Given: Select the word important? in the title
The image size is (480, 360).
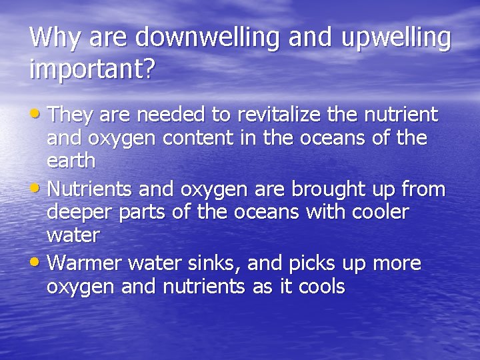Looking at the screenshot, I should (x=91, y=69).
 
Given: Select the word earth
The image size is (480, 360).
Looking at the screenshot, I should (x=71, y=161).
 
